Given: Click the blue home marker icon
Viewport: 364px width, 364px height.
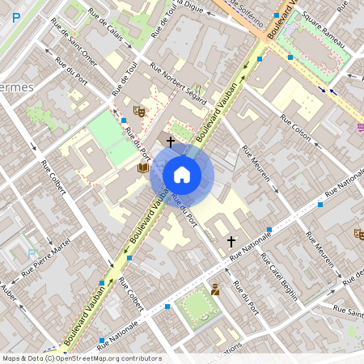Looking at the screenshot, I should [x=182, y=175].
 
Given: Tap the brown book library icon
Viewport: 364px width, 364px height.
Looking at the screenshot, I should [x=143, y=167].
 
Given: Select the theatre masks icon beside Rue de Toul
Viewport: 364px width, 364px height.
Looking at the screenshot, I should [x=139, y=110].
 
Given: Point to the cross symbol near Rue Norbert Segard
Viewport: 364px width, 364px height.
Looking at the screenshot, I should [x=171, y=142].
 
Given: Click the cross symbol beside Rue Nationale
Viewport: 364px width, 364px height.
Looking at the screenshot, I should [x=231, y=241].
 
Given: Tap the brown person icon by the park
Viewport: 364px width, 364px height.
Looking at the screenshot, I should [x=216, y=290].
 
